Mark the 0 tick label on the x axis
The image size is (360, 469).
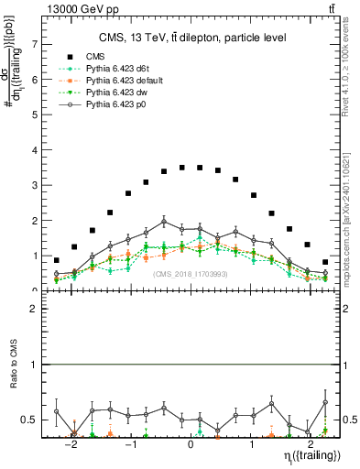coord(191,444)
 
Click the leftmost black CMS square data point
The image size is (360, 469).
coord(57,260)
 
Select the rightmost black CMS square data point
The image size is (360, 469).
coord(325,262)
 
